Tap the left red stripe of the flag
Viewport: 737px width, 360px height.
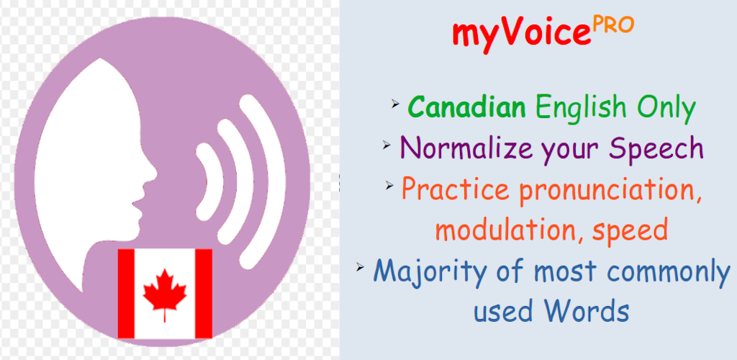pos(126,293)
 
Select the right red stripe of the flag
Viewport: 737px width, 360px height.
pos(204,293)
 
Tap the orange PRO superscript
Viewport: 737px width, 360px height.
pos(613,25)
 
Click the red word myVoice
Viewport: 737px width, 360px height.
pos(521,35)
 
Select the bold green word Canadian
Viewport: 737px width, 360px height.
pos(466,108)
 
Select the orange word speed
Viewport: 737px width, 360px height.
pos(630,232)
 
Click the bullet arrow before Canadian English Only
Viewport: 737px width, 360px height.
pos(395,104)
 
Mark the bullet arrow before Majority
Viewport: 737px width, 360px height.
pos(361,266)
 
